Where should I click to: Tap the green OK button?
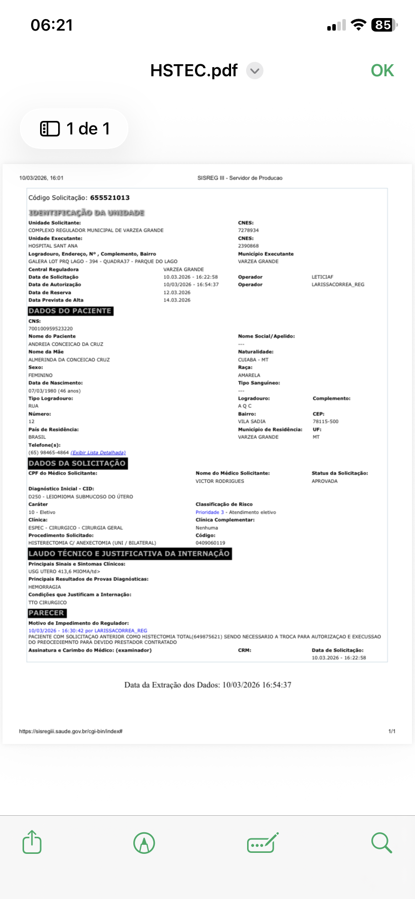pyautogui.click(x=382, y=71)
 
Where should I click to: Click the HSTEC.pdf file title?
pyautogui.click(x=194, y=71)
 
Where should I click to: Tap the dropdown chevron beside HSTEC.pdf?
pyautogui.click(x=255, y=71)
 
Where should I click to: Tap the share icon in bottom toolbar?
pyautogui.click(x=32, y=842)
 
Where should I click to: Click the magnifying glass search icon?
pyautogui.click(x=381, y=842)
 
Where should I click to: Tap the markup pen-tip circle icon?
pyautogui.click(x=144, y=842)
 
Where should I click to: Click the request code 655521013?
pyautogui.click(x=110, y=198)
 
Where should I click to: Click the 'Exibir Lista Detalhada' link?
pyautogui.click(x=98, y=453)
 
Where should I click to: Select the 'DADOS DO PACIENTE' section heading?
pyautogui.click(x=70, y=311)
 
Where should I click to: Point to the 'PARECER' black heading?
pyautogui.click(x=47, y=613)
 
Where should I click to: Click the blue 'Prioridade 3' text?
pyautogui.click(x=210, y=512)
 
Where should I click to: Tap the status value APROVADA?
pyautogui.click(x=325, y=481)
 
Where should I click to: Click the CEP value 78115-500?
pyautogui.click(x=326, y=421)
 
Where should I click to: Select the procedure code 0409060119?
pyautogui.click(x=211, y=543)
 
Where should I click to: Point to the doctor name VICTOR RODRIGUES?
pyautogui.click(x=220, y=481)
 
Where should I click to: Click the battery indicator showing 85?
pyautogui.click(x=383, y=25)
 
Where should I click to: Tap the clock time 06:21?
pyautogui.click(x=52, y=25)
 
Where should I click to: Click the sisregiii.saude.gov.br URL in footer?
pyautogui.click(x=71, y=731)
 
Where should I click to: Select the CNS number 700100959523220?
pyautogui.click(x=51, y=329)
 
